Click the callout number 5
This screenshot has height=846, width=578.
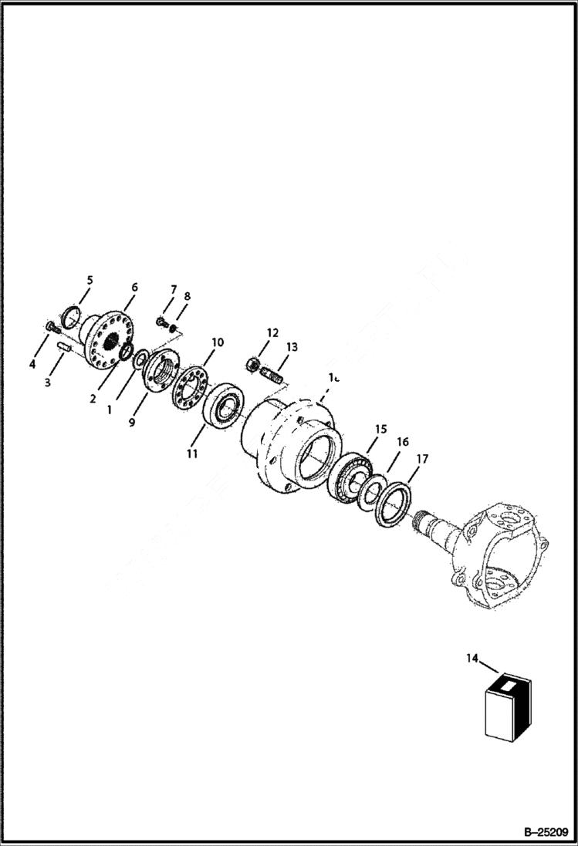point(89,280)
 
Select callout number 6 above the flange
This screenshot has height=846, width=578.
point(134,287)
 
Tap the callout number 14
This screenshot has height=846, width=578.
point(472,658)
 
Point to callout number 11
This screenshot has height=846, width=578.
point(191,453)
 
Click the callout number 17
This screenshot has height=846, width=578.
point(422,457)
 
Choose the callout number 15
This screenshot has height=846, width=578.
point(380,429)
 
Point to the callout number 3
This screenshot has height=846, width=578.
point(47,383)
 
